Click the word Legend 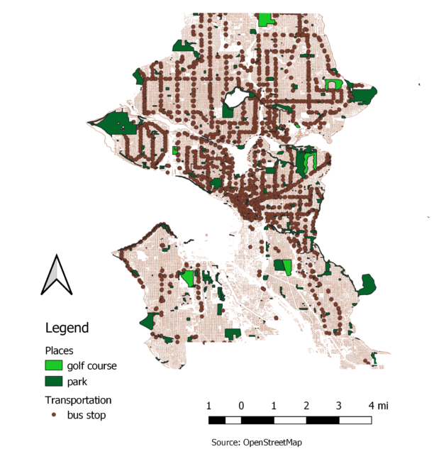click(x=67, y=328)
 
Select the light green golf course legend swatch click(x=53, y=366)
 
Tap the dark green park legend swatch click(x=53, y=382)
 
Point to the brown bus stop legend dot click(x=54, y=414)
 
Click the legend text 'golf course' click(x=91, y=366)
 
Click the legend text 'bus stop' click(x=87, y=415)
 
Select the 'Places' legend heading click(x=59, y=350)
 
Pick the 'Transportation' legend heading click(x=78, y=399)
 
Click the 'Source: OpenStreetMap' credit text click(x=256, y=442)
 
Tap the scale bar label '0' click(x=242, y=406)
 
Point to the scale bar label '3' click(x=339, y=406)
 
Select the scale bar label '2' click(x=306, y=406)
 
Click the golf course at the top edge click(x=267, y=19)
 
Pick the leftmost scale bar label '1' click(x=209, y=406)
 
